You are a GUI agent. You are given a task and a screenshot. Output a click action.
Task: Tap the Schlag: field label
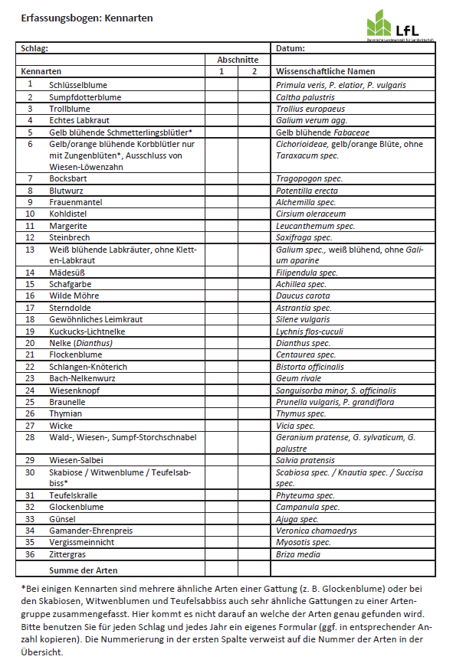pos(34,48)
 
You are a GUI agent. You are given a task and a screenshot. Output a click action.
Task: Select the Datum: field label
pos(291,48)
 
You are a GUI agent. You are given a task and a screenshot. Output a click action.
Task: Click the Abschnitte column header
pos(238,60)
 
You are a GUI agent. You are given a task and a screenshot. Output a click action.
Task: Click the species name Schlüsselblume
pos(78,84)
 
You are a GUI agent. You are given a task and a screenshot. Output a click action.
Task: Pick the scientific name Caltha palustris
pos(305,97)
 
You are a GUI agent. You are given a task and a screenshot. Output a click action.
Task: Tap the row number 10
pos(31,214)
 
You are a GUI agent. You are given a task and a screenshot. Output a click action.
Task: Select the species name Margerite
pos(68,226)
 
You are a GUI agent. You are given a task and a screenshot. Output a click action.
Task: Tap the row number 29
pos(31,460)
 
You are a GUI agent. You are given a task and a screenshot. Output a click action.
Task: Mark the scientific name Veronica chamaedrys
pos(317,530)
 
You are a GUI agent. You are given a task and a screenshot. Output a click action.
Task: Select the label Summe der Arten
pos(84,570)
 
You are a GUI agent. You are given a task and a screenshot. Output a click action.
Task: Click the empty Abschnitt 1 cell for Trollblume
pos(221,109)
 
